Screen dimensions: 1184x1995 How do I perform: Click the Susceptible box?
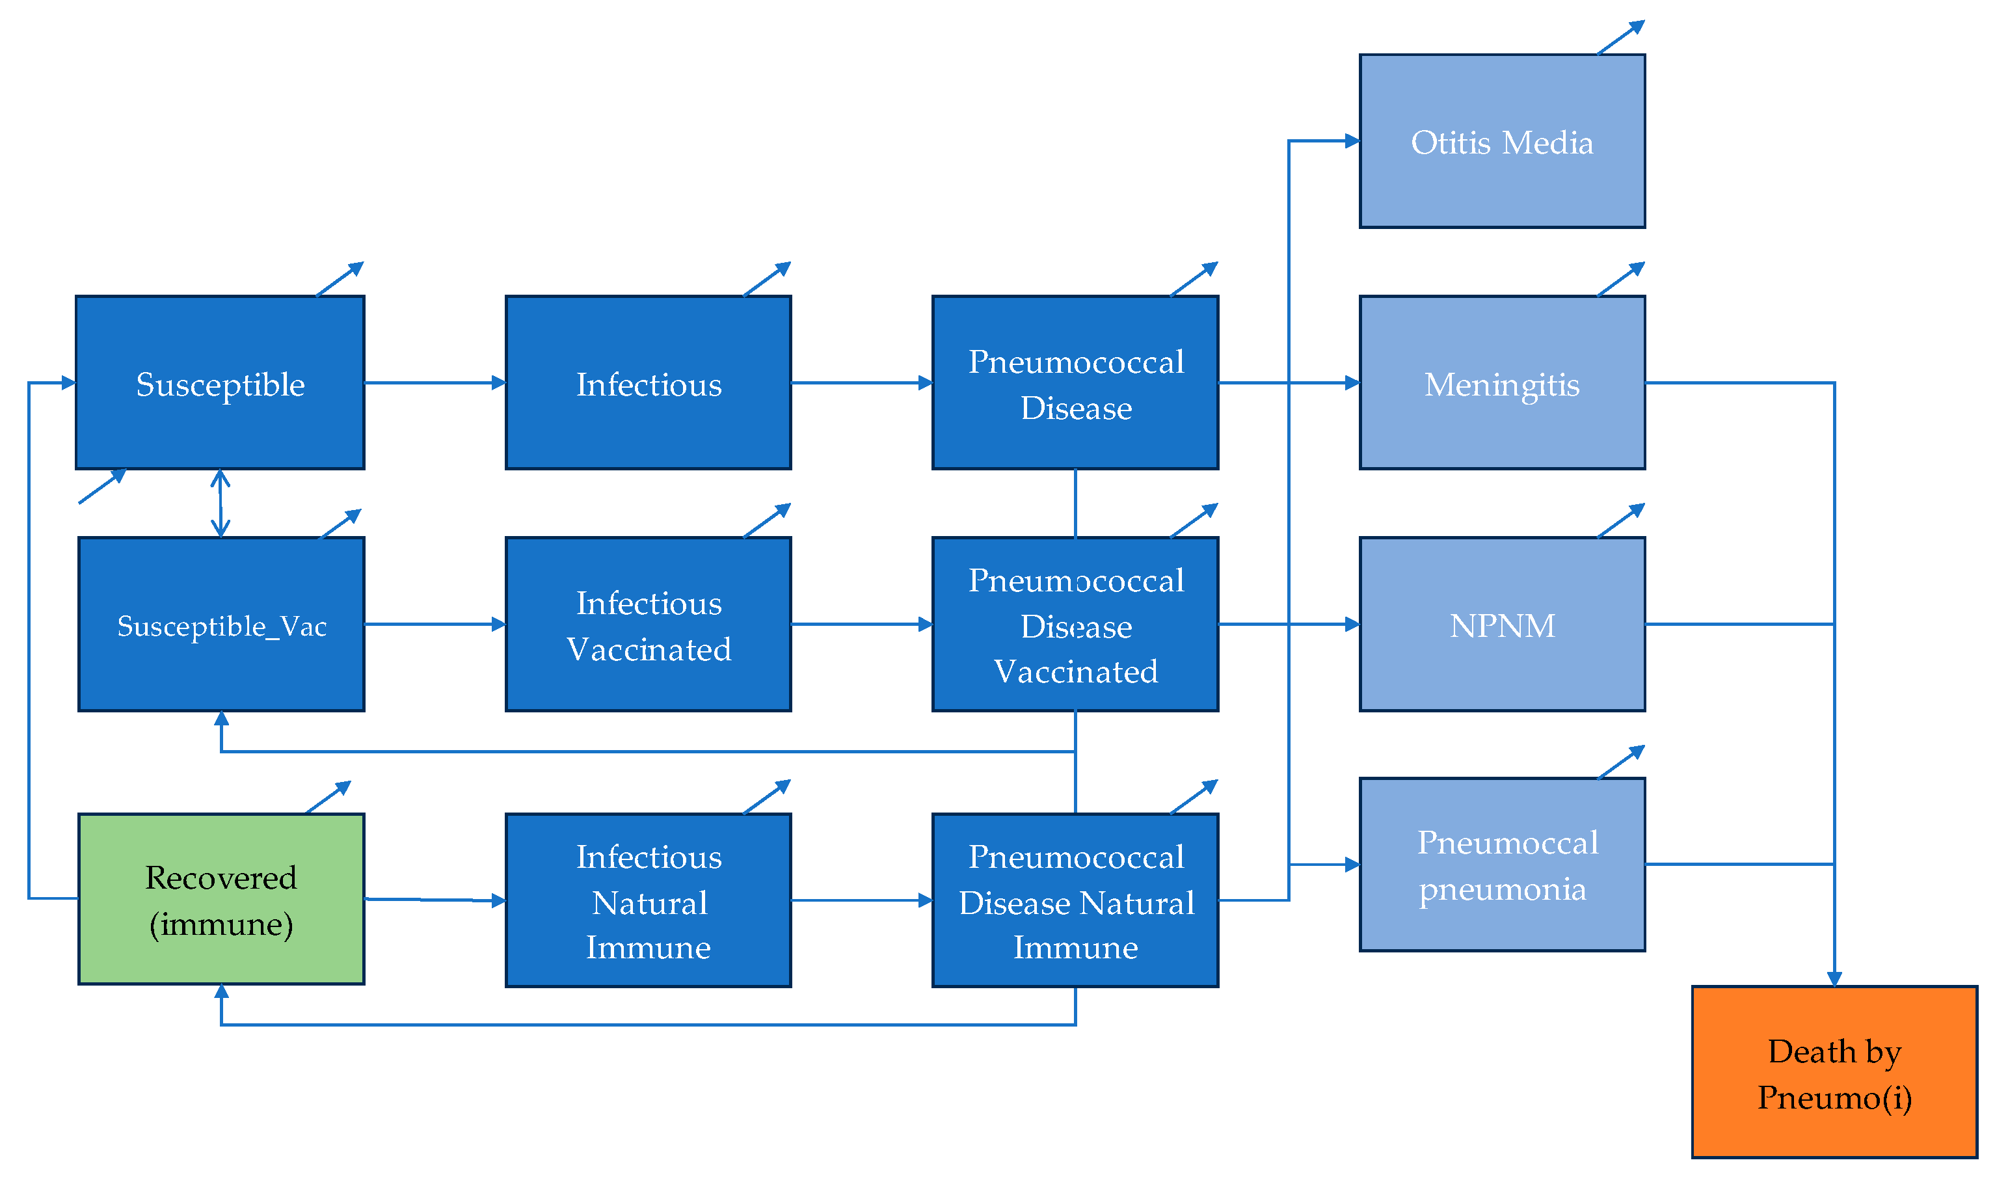[x=219, y=383]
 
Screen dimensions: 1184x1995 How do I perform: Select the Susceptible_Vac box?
[x=221, y=625]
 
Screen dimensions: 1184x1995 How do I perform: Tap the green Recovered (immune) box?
[x=221, y=899]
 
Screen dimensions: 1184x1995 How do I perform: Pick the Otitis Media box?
[x=1501, y=142]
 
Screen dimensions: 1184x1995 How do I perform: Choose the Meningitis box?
[x=1501, y=383]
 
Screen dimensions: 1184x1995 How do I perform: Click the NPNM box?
[x=1501, y=625]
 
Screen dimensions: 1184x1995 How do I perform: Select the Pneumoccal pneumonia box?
[x=1501, y=865]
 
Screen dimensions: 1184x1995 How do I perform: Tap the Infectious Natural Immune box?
[x=648, y=901]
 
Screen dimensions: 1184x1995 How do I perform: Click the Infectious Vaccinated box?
[x=648, y=625]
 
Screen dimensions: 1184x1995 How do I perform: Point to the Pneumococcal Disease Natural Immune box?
[x=1075, y=901]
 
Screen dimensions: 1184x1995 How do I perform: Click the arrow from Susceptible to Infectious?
[x=435, y=383]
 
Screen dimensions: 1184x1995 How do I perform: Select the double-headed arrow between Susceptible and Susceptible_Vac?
[x=220, y=504]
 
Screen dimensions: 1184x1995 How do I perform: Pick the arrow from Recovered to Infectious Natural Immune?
[x=435, y=900]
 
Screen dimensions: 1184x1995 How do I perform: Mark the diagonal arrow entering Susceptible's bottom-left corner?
[x=102, y=487]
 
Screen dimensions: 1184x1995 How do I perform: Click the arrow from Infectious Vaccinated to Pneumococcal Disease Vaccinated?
[x=861, y=625]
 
